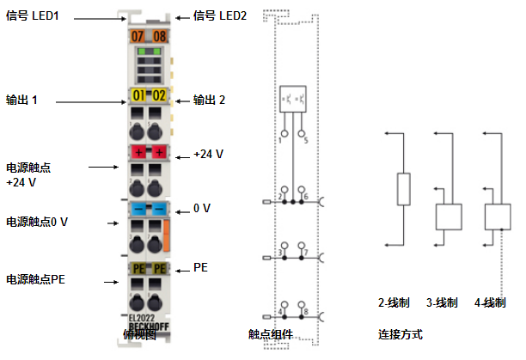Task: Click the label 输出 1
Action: pos(22,100)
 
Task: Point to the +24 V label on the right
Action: pos(208,154)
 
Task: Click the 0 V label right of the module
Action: pos(202,208)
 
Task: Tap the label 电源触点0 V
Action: pos(37,222)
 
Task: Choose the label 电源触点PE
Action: pos(36,279)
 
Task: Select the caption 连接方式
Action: pos(400,333)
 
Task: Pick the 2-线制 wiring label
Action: pos(394,303)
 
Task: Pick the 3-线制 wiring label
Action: pos(442,303)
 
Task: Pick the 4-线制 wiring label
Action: pos(490,303)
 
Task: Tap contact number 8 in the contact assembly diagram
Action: pos(305,310)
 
